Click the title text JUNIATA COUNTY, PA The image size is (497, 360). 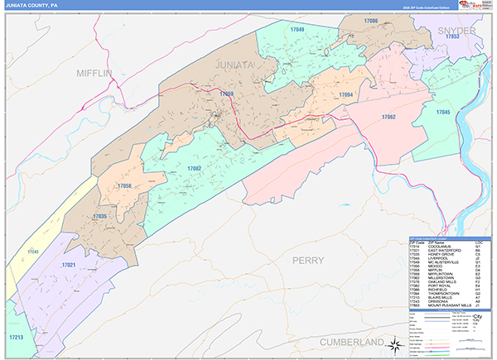(x=32, y=4)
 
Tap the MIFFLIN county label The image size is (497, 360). (x=93, y=73)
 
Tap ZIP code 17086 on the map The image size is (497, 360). (x=370, y=21)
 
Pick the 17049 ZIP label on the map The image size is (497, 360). (x=297, y=30)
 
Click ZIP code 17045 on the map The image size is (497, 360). (x=443, y=111)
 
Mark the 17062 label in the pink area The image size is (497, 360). (x=389, y=118)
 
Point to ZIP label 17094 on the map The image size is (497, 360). (x=346, y=95)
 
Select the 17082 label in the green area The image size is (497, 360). (x=195, y=169)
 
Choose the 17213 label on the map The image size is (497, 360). (x=17, y=338)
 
